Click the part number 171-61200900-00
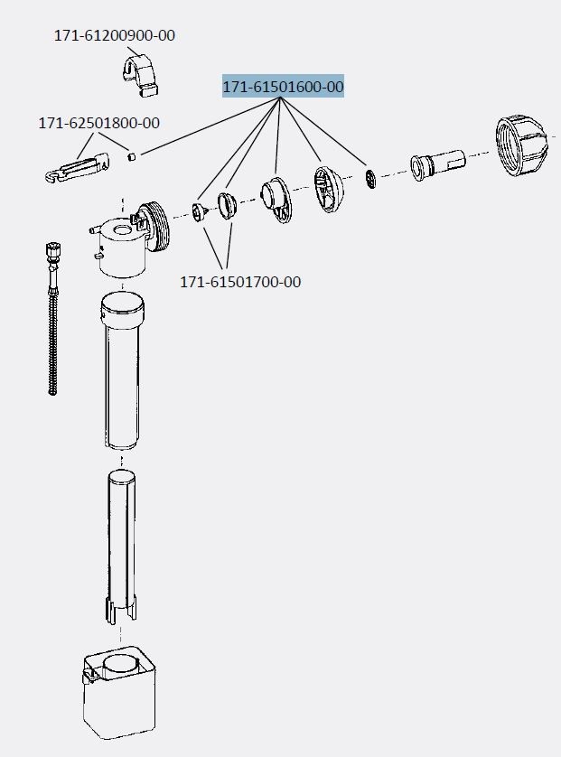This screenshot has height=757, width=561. coord(115,35)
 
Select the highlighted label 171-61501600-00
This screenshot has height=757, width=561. coord(283,87)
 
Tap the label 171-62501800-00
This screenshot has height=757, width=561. coord(99,123)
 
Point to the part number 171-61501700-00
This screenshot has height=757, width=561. coord(240,282)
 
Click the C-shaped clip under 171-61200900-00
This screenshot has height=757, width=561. coord(140,76)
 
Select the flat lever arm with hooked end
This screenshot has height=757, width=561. coord(78,167)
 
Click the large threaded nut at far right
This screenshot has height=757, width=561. coord(520,145)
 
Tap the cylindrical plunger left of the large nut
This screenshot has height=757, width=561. coord(438,164)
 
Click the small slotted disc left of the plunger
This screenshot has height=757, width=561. coord(370,179)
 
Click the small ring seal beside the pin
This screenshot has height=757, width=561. coord(227,206)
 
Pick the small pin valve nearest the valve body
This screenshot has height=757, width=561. coord(200,212)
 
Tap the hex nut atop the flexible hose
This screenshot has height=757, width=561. coord(52,250)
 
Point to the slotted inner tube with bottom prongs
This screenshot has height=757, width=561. coord(121,547)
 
